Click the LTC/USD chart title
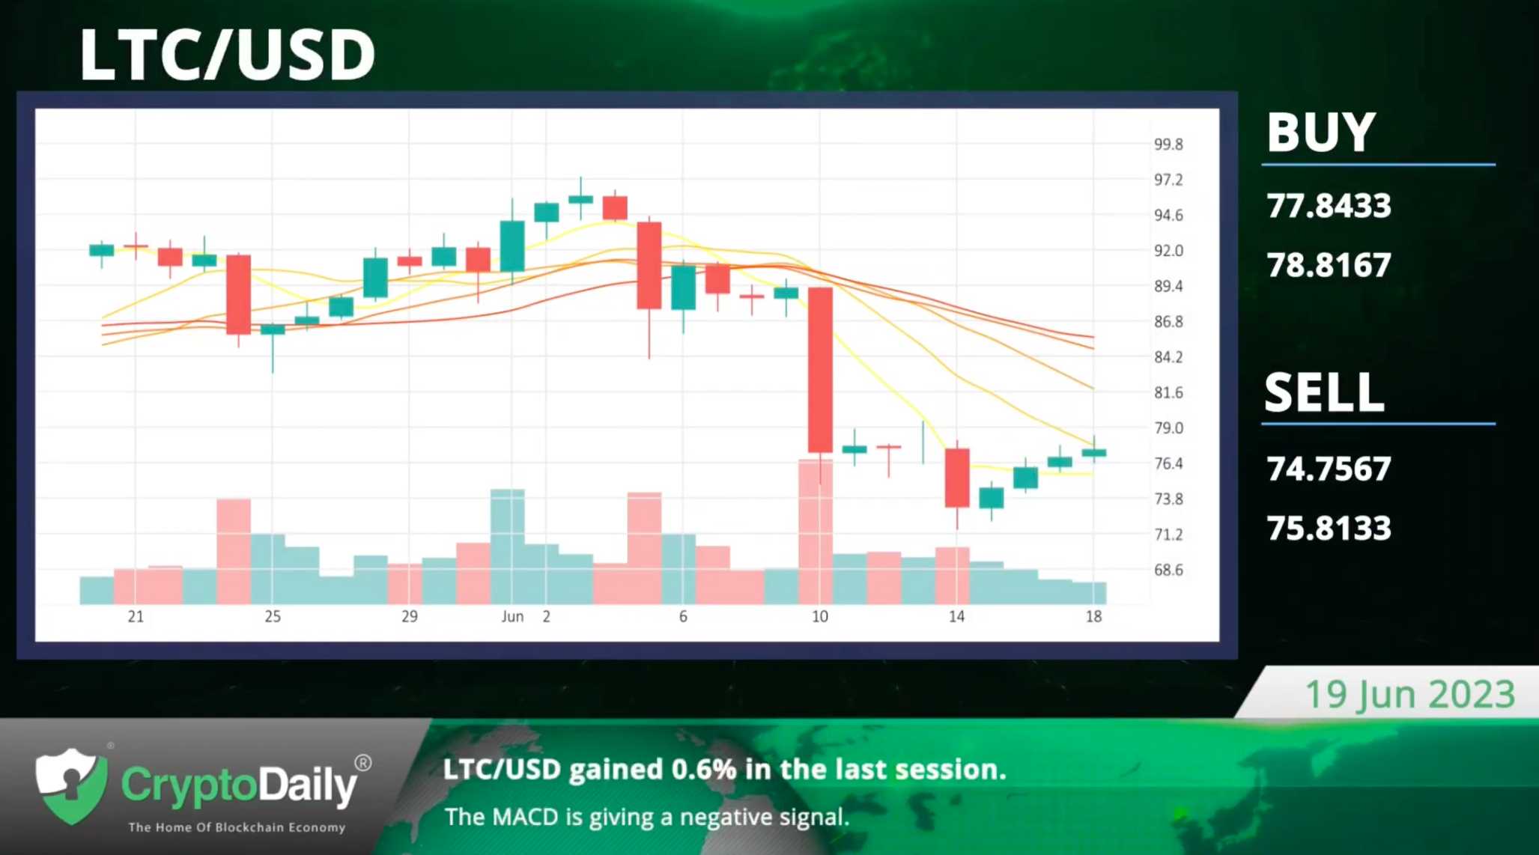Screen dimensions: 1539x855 click(x=227, y=55)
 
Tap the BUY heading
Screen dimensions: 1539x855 click(x=1321, y=133)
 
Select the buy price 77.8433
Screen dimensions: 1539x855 click(x=1329, y=206)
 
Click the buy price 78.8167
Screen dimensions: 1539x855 click(x=1329, y=265)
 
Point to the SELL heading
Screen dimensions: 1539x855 click(x=1324, y=392)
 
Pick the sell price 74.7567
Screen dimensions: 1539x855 click(x=1329, y=469)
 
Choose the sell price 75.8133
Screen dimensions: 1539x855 click(x=1329, y=529)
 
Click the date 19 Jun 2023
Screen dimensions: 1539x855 click(x=1410, y=694)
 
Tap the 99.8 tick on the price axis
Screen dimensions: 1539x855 click(x=1168, y=144)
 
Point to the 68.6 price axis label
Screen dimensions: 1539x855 click(x=1168, y=570)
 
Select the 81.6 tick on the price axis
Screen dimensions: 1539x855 click(x=1168, y=393)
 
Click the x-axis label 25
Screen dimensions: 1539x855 click(x=273, y=617)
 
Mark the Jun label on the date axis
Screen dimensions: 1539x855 click(x=512, y=617)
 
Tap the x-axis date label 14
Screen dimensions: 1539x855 click(x=956, y=617)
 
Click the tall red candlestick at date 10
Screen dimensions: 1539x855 click(x=820, y=371)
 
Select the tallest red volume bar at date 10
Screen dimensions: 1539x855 click(x=815, y=532)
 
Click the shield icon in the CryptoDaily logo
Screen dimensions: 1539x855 click(x=72, y=786)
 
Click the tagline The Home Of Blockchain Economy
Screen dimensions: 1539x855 click(x=237, y=827)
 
